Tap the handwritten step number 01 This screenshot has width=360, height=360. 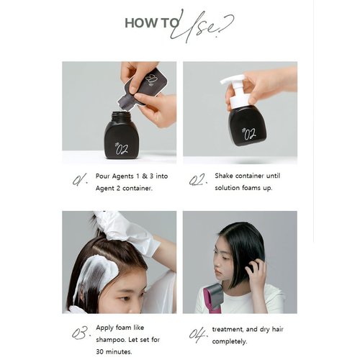[x=80, y=179]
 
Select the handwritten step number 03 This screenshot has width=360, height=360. [x=80, y=333]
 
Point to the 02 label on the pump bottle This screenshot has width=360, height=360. [x=248, y=132]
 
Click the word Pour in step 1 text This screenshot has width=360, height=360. [x=104, y=175]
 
